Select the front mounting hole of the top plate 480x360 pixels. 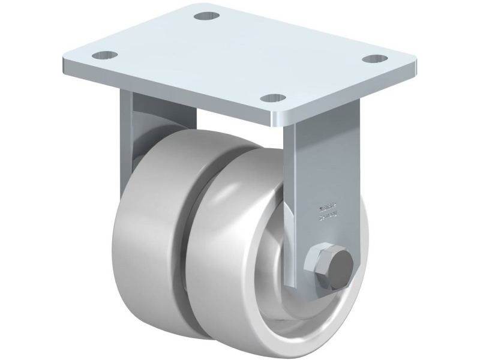pos(275,97)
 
